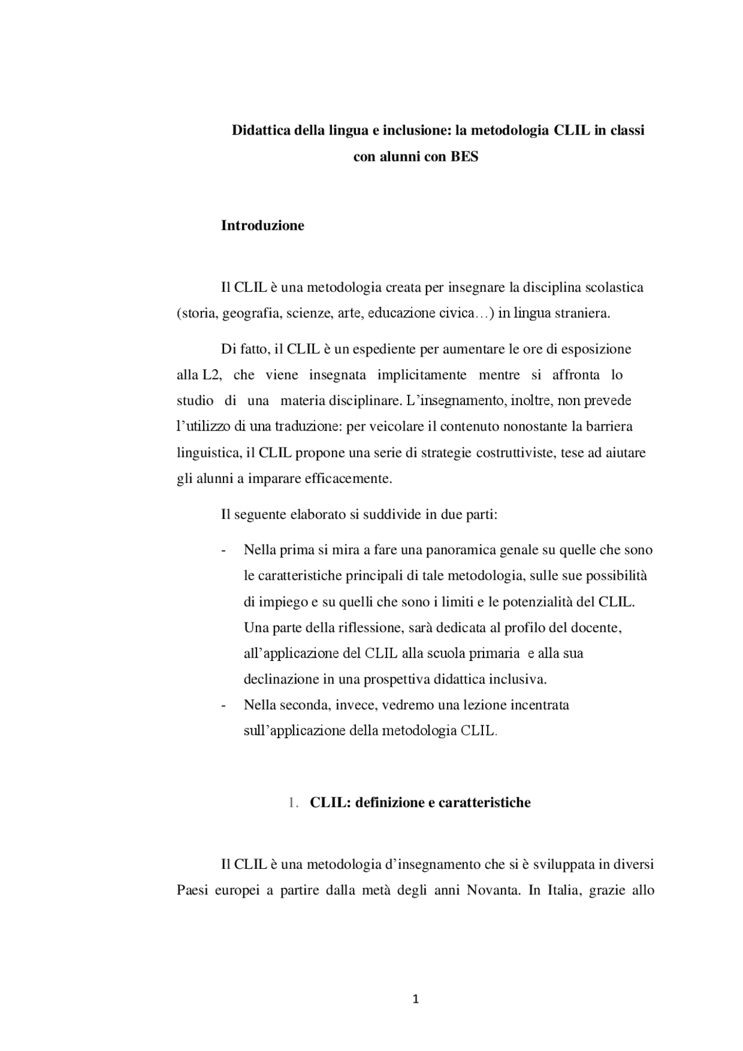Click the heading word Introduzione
click(262, 226)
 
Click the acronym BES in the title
click(464, 157)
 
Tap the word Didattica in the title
click(258, 130)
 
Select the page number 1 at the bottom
click(415, 999)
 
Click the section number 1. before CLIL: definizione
click(293, 803)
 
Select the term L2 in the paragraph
click(212, 375)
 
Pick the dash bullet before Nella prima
click(223, 550)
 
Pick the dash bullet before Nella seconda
click(223, 706)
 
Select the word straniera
click(583, 314)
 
